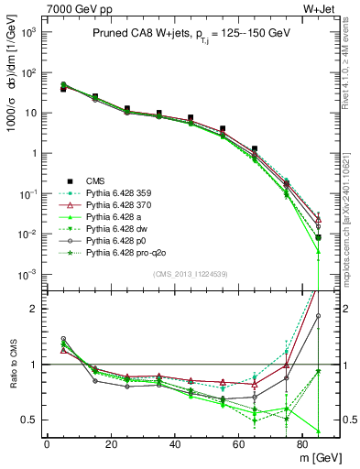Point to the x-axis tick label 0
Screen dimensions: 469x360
47,442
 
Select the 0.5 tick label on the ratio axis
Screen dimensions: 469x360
29,420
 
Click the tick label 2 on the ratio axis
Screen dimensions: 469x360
34,309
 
